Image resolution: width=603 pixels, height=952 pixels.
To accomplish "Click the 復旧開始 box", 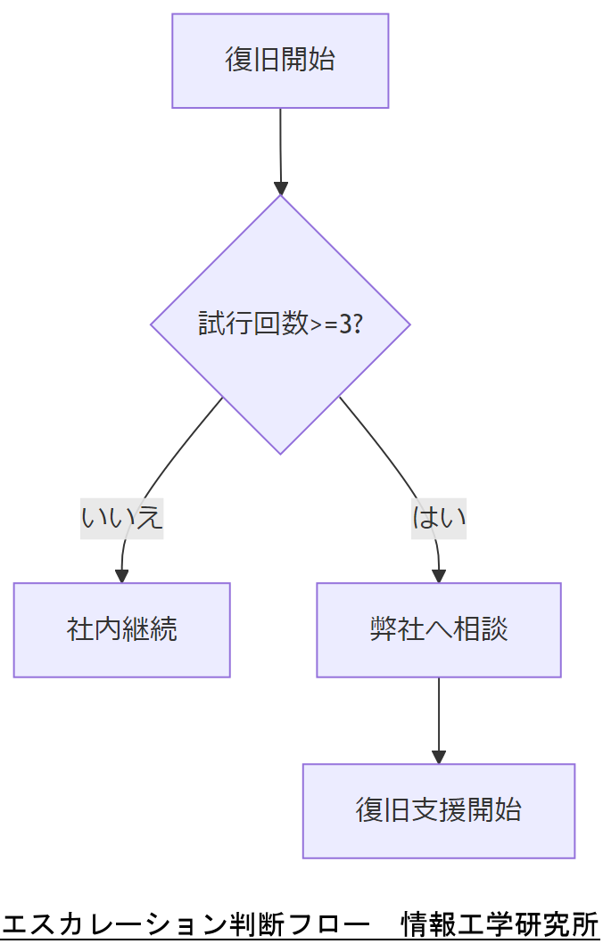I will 280,61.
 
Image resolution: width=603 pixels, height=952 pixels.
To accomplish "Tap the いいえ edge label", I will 122,517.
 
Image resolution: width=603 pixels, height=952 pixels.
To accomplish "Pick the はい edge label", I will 439,517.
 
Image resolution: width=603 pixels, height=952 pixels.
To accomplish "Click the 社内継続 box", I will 122,629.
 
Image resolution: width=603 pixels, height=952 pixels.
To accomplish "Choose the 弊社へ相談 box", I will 439,629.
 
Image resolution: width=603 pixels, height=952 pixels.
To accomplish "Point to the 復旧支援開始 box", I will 439,810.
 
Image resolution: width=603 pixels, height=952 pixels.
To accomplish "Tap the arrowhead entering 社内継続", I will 122,576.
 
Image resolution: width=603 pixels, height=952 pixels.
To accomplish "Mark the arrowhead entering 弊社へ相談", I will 439,576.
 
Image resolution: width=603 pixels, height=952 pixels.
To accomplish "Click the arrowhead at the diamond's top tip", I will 281,188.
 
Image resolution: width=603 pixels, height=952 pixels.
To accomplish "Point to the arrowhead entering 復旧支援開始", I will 439,757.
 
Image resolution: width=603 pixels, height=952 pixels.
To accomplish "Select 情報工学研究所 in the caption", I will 500,924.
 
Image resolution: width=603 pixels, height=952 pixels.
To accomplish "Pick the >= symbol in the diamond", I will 323,324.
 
